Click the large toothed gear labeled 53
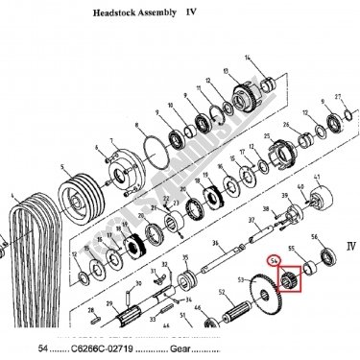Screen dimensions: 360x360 pyautogui.click(x=254, y=298)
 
